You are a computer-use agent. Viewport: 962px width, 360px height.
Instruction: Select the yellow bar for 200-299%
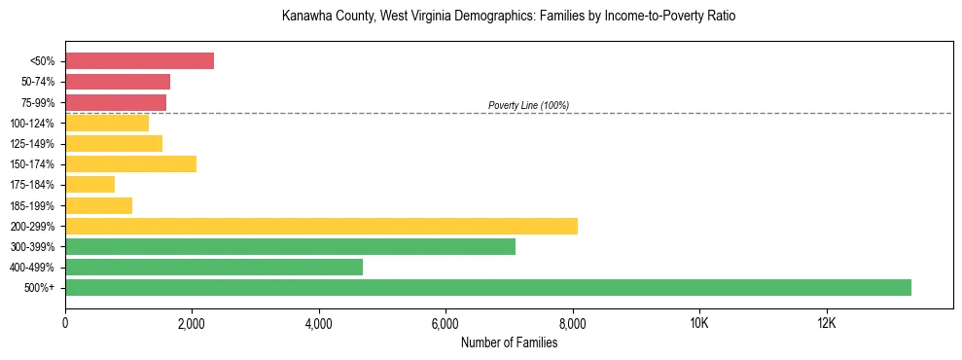pos(321,226)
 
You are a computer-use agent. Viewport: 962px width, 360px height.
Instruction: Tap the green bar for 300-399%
pos(290,246)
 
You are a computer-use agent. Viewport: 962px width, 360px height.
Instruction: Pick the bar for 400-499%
pos(214,267)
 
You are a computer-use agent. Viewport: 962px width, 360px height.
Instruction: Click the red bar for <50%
pos(139,60)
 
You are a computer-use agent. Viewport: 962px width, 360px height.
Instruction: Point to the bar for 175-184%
pos(89,184)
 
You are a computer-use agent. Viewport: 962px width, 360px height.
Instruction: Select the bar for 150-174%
pos(130,163)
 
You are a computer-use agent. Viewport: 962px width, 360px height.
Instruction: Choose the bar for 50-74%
pos(118,81)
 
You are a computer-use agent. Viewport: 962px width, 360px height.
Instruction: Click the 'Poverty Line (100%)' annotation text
pos(528,105)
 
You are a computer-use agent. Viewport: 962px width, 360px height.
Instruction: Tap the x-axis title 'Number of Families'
pos(509,342)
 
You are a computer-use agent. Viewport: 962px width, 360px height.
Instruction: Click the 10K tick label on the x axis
pos(699,323)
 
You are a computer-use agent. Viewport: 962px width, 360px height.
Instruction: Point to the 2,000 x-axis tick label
pos(192,323)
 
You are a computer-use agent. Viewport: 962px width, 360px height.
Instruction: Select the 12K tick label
pos(826,323)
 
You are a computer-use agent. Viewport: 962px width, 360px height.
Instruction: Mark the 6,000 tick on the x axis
pos(445,323)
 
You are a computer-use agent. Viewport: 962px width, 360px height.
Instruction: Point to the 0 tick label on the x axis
pos(65,323)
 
